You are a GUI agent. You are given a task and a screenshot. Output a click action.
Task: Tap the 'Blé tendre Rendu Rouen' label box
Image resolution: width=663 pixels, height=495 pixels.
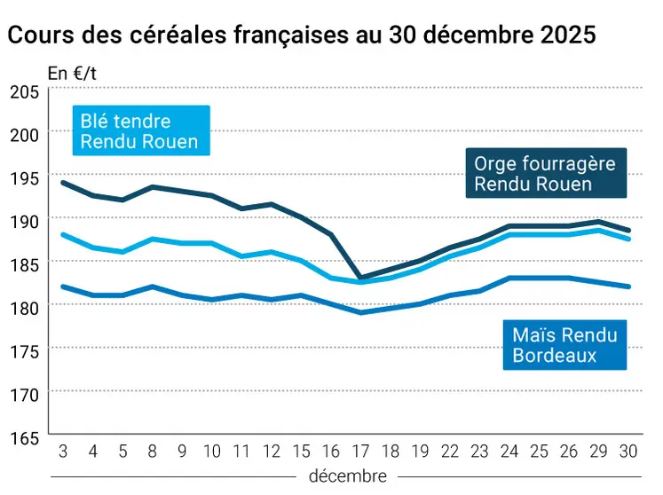(x=139, y=131)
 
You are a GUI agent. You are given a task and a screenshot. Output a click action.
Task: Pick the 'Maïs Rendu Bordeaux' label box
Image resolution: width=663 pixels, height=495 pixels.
(x=564, y=345)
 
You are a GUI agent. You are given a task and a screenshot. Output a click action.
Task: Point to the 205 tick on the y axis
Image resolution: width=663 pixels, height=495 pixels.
(x=24, y=91)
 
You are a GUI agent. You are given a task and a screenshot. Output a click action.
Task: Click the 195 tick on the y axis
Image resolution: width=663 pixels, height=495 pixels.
(x=24, y=177)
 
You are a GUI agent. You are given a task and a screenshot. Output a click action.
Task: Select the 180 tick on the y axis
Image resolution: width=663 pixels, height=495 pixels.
(x=24, y=307)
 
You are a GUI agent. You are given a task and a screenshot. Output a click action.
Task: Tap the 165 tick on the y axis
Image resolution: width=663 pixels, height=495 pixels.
(x=24, y=437)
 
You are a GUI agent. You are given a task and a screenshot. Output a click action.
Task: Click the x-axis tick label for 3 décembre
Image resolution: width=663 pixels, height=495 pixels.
(x=63, y=451)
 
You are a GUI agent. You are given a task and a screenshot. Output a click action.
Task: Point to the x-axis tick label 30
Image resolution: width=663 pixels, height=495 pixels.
(x=629, y=451)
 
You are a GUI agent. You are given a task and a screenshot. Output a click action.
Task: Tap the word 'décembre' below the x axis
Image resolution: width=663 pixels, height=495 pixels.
(x=348, y=476)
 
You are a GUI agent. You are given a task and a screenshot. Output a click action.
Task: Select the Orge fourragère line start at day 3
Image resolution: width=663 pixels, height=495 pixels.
(x=63, y=183)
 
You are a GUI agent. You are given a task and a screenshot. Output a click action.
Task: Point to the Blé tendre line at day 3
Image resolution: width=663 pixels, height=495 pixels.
(x=63, y=234)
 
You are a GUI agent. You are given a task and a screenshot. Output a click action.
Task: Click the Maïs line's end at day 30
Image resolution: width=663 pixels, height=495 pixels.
(x=629, y=287)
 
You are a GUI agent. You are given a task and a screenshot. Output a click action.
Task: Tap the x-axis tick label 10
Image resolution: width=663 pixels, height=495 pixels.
(x=212, y=451)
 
